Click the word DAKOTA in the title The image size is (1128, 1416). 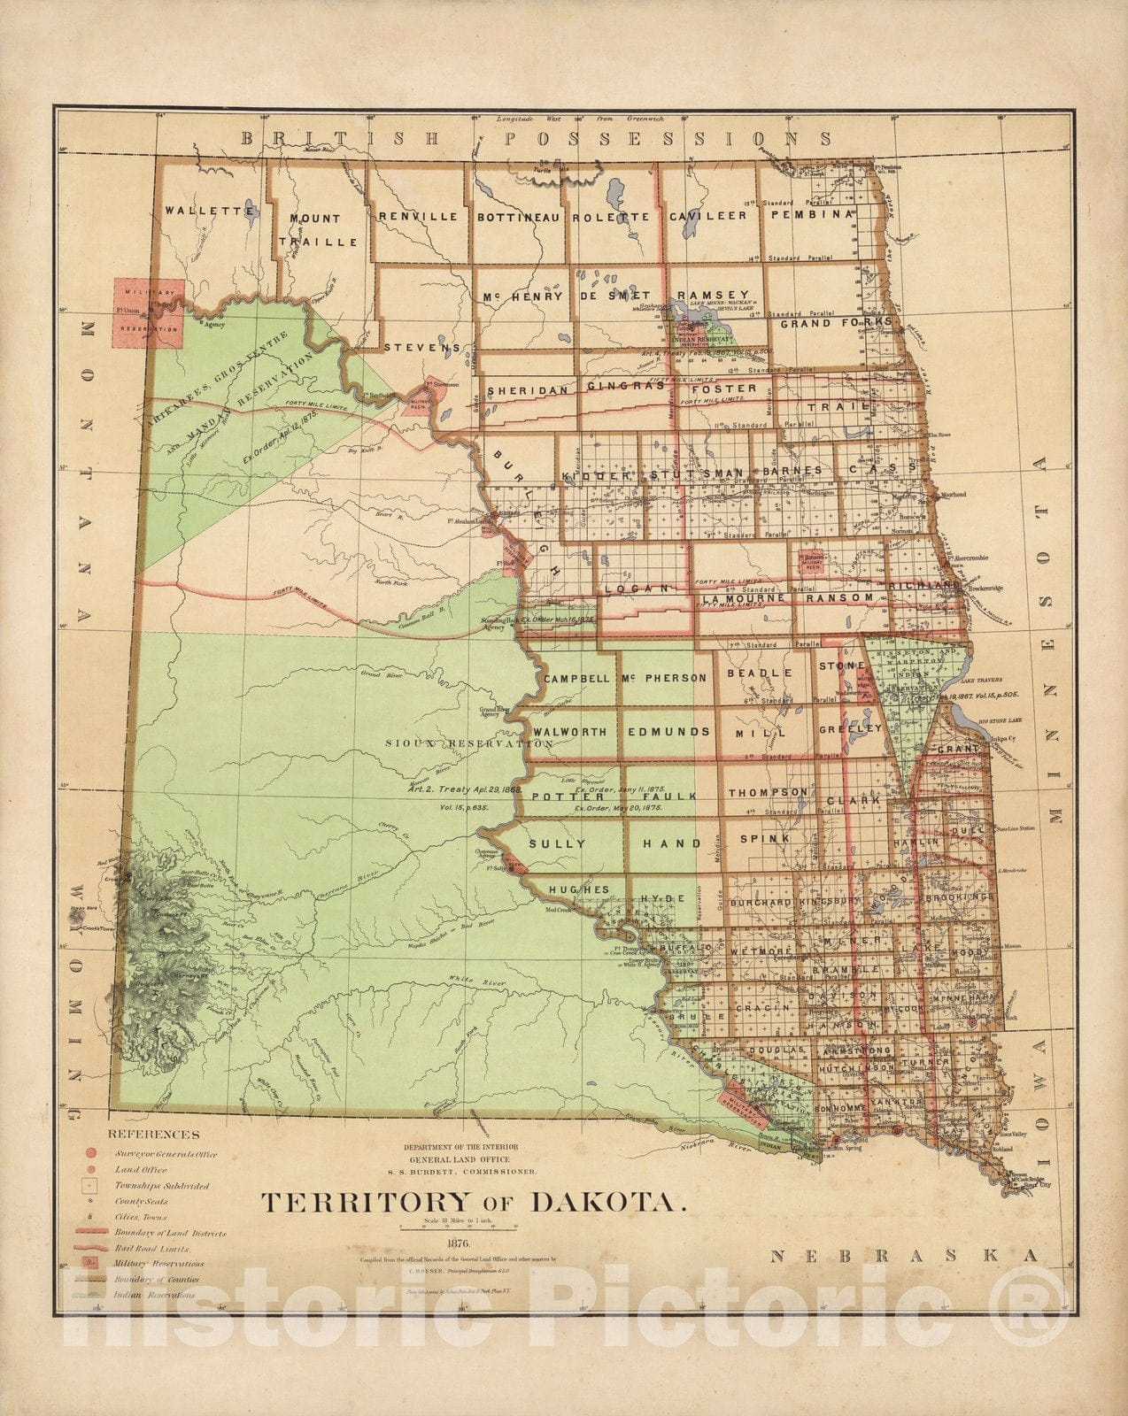[x=607, y=1202]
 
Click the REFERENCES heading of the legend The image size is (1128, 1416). [x=153, y=1134]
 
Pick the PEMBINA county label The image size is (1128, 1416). [x=811, y=214]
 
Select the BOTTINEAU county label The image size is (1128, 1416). [x=520, y=216]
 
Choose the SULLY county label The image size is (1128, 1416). [x=558, y=843]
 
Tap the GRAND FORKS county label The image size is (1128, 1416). [x=834, y=323]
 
